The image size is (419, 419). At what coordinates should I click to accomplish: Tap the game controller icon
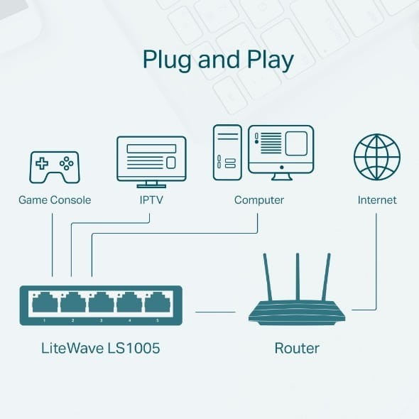pos(53,165)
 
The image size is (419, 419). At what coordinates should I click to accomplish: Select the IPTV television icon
pos(151,159)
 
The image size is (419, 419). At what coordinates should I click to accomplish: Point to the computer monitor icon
pos(281,150)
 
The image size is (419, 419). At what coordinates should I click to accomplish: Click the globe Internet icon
pos(376,158)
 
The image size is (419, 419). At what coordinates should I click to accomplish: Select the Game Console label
pos(55,200)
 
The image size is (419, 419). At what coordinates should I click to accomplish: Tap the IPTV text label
pos(151,200)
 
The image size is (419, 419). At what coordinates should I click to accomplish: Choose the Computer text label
pos(259,200)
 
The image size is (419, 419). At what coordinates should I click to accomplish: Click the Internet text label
pos(377,200)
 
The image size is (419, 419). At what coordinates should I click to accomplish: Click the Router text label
pos(297,349)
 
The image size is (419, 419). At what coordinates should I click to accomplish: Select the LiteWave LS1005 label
pos(100,349)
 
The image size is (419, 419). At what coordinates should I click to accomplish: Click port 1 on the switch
pos(44,305)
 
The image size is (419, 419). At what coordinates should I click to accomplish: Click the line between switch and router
pos(215,311)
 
